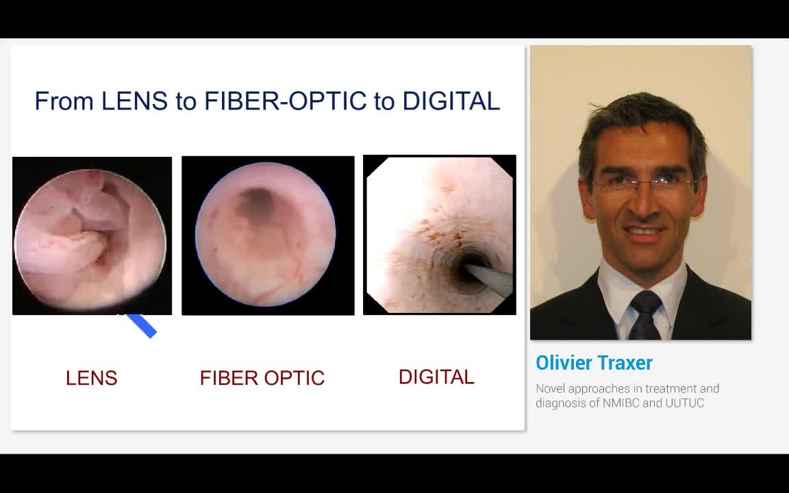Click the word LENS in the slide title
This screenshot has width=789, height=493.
pos(134,101)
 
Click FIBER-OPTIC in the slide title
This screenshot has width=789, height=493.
pos(286,101)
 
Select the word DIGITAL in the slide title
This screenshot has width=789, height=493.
pos(451,101)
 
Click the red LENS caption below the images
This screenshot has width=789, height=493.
pos(91,378)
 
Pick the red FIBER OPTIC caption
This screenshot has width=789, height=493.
pos(262,378)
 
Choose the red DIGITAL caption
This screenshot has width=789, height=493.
pos(436,377)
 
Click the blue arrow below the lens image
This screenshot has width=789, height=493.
pos(142,326)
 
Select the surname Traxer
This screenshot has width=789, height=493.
pos(624,363)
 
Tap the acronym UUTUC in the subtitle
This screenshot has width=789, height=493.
pos(684,403)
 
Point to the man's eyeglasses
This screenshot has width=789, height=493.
pos(642,185)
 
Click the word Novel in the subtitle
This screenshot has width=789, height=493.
pos(550,389)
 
